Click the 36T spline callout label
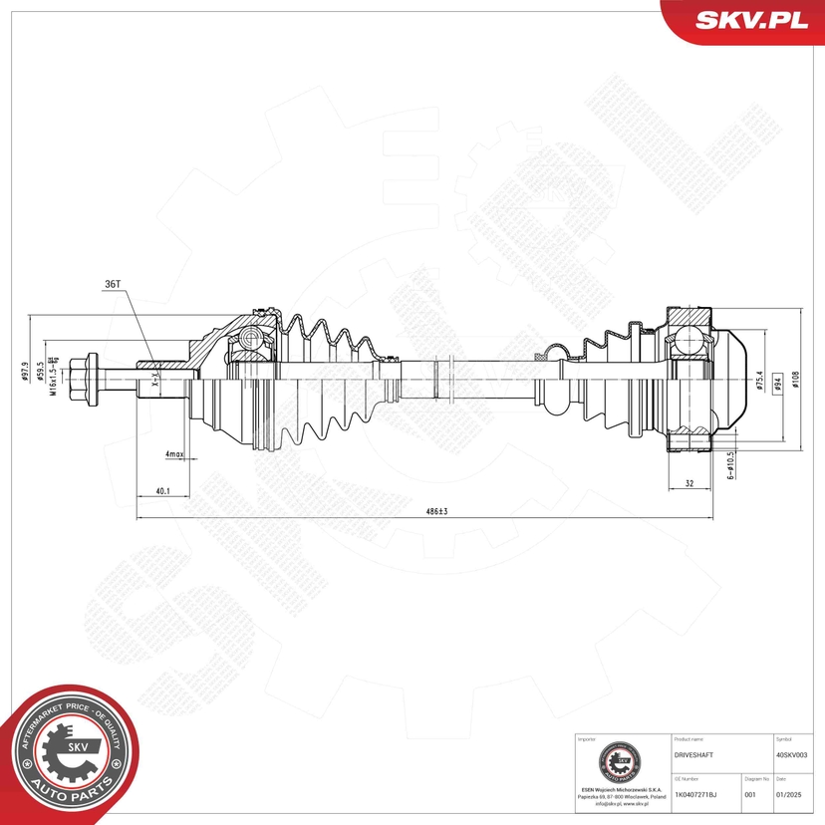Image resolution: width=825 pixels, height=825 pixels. (112, 284)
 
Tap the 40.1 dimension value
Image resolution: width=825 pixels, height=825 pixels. (161, 491)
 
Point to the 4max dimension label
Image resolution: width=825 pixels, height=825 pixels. (175, 454)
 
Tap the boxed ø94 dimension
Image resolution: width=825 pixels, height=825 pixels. (774, 388)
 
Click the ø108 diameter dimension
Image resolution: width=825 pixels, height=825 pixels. (796, 379)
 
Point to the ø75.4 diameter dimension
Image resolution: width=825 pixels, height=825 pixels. (759, 383)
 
